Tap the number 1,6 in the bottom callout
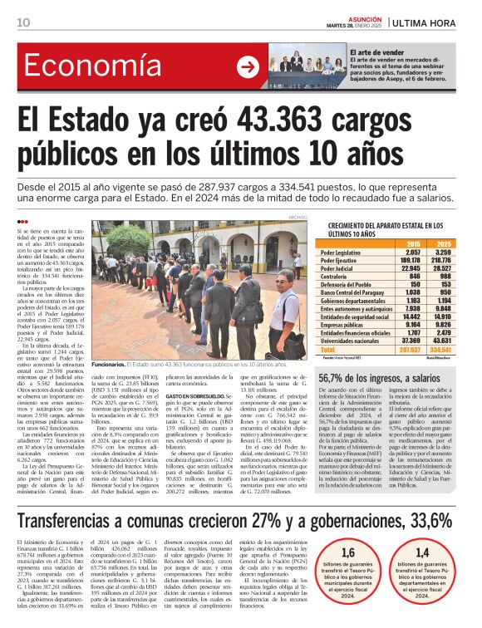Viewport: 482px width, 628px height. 349,552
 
